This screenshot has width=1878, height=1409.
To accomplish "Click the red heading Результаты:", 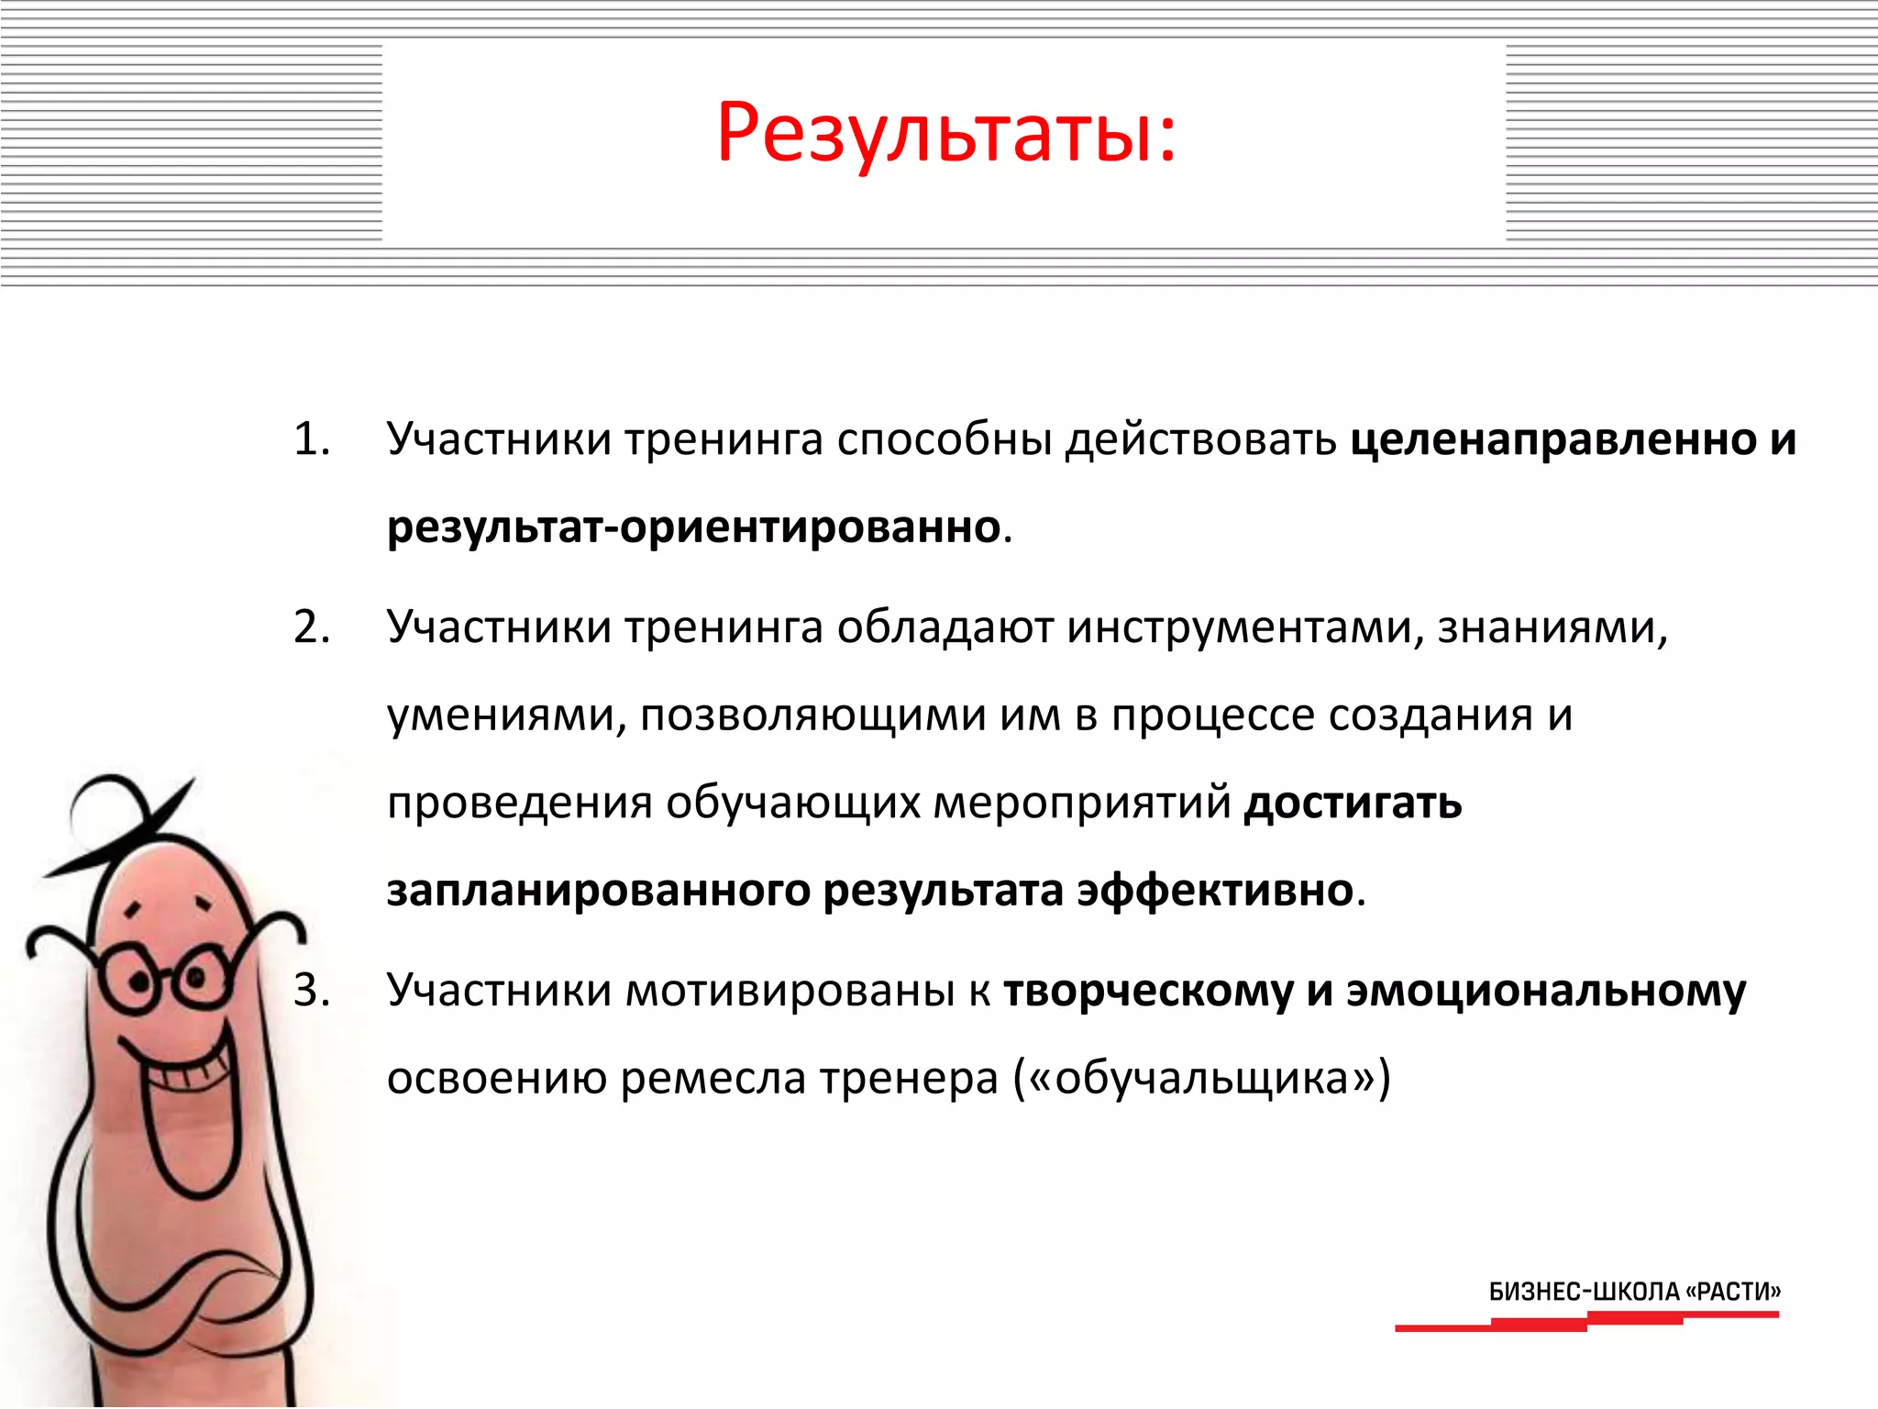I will click(x=945, y=135).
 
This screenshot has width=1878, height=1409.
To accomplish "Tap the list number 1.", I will click(x=311, y=439).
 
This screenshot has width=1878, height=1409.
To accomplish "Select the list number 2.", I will click(x=311, y=627).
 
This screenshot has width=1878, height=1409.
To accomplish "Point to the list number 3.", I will click(x=311, y=991).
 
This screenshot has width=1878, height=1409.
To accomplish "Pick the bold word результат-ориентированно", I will click(x=693, y=527).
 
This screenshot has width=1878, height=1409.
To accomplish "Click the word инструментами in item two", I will click(x=1243, y=628).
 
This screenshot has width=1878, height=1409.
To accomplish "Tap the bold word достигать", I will click(x=1353, y=804).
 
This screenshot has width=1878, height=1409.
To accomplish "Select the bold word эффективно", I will click(x=1215, y=891).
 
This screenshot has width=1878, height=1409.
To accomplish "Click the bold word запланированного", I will click(x=598, y=891).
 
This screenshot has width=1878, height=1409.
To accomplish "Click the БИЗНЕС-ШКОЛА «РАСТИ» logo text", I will click(x=1634, y=1292).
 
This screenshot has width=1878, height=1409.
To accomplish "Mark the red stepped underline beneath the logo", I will click(x=1586, y=1322).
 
